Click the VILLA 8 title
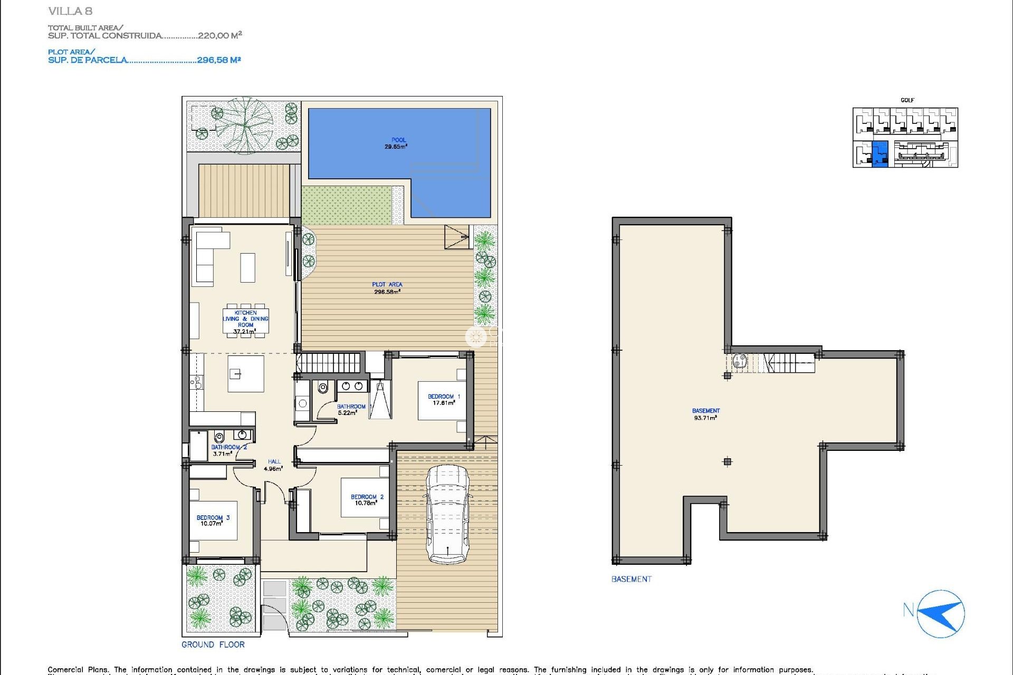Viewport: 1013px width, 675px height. click(70, 11)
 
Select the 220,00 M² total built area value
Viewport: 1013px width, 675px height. click(219, 35)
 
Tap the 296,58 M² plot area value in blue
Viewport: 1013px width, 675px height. click(218, 60)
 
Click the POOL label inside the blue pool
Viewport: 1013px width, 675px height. click(398, 143)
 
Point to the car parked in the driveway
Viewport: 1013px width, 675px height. click(447, 514)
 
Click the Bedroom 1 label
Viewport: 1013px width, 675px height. click(443, 399)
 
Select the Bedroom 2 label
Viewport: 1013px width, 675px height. click(367, 499)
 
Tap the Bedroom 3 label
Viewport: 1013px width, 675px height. click(213, 520)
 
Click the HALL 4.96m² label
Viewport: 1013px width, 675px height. click(273, 465)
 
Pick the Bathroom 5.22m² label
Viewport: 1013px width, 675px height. click(350, 409)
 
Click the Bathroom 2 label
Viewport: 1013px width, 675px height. click(228, 450)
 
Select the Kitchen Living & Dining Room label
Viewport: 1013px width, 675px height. click(245, 322)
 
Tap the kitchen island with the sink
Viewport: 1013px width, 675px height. click(245, 373)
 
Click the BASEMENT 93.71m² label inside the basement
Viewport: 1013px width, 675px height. click(705, 414)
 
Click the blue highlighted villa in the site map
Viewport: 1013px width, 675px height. click(880, 154)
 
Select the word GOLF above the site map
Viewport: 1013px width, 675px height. click(907, 100)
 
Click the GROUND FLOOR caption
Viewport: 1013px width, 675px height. click(213, 644)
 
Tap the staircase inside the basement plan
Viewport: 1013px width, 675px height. click(781, 363)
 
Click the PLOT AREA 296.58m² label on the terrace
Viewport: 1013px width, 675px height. click(387, 288)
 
